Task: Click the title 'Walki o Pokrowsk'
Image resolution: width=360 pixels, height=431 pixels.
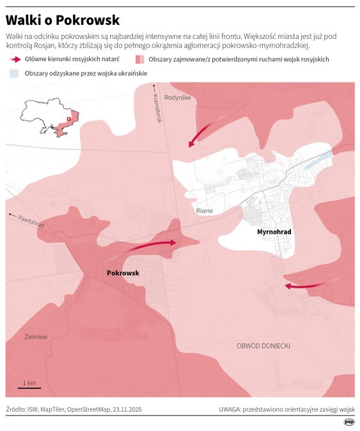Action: [62, 20]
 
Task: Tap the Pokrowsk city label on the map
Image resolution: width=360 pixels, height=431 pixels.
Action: [123, 273]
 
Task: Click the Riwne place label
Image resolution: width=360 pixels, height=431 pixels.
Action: [205, 210]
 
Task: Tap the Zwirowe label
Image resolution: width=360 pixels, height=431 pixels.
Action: [36, 336]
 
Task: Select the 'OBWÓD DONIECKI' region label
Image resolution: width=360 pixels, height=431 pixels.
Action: [263, 345]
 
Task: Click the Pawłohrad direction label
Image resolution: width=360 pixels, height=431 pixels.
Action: [31, 221]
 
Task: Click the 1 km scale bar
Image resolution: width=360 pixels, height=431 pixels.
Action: [29, 384]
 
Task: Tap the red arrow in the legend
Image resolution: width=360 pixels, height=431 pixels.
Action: [15, 59]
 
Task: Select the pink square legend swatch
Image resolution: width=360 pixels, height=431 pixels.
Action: [139, 59]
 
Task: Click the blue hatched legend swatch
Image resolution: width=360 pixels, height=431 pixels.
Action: [14, 73]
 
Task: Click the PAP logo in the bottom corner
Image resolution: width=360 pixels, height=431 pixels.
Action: [349, 422]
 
